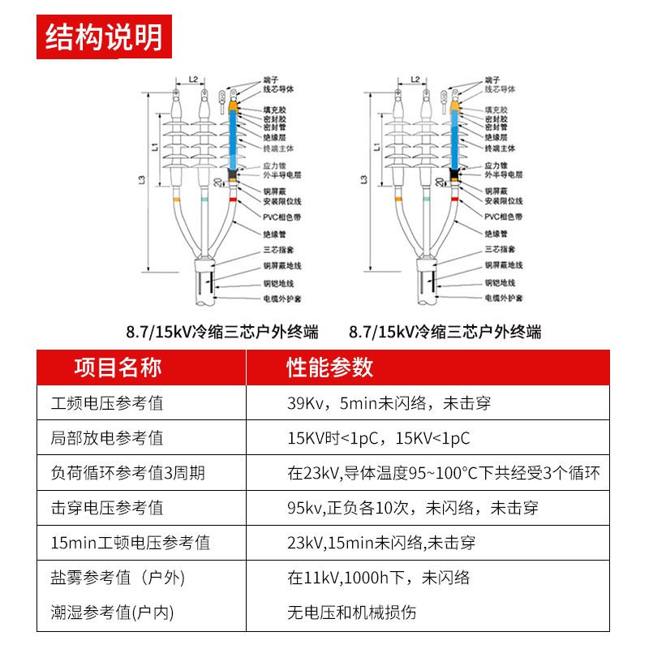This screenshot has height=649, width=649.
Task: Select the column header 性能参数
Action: coord(330,367)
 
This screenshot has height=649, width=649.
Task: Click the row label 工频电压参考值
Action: coord(107,402)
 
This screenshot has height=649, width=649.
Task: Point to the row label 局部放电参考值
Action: coord(107,438)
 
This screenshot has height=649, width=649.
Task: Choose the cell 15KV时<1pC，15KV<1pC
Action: coord(379,438)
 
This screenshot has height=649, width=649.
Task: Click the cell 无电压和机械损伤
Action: coord(352,612)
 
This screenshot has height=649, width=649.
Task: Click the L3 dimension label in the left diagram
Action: coord(144,183)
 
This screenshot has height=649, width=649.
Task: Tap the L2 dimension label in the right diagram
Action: coord(415,80)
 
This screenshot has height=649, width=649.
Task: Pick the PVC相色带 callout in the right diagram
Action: coord(503,217)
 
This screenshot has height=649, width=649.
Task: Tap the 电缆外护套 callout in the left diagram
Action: coord(282,299)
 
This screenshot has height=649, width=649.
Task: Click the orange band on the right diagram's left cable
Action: coord(398,200)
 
